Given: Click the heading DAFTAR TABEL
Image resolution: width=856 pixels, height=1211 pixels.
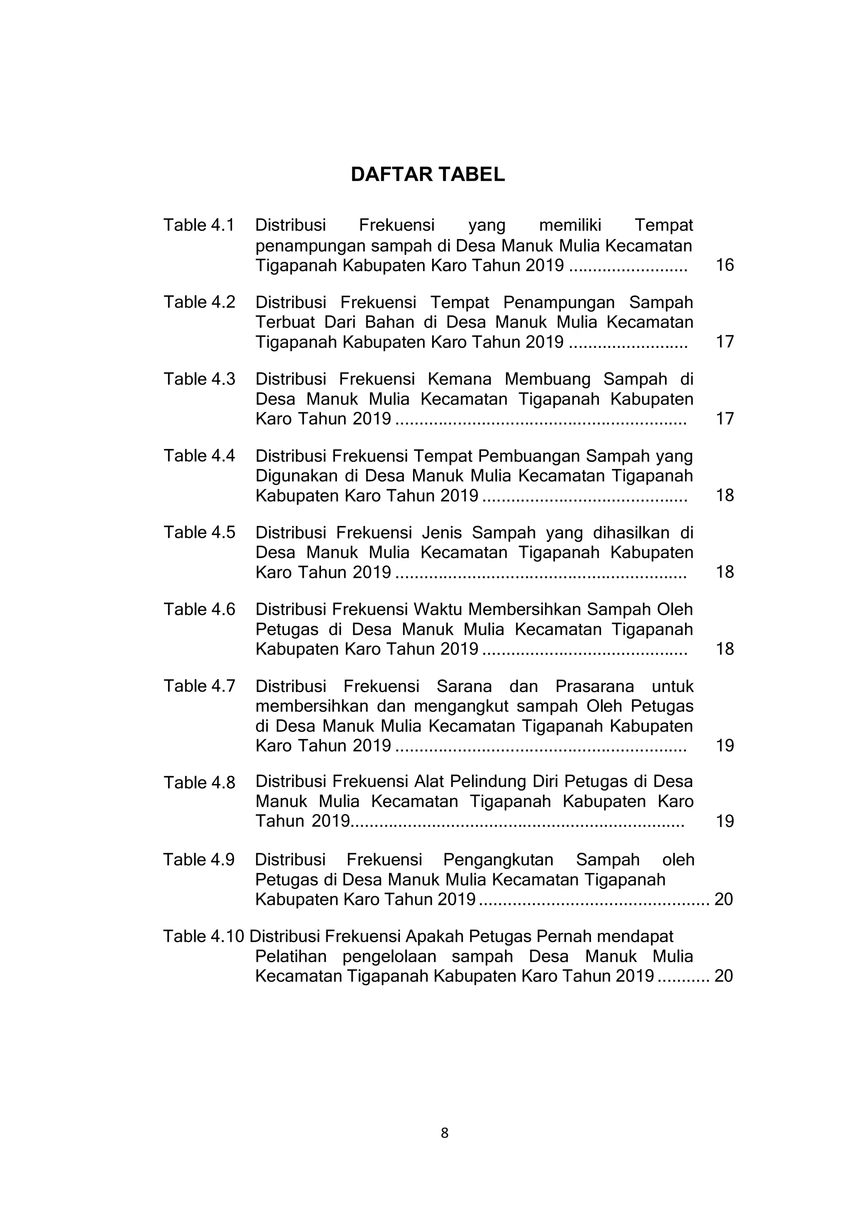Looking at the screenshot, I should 428,174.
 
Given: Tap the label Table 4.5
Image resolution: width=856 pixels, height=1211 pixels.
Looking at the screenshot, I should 199,532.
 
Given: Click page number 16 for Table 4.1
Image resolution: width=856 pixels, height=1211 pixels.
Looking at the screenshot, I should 724,265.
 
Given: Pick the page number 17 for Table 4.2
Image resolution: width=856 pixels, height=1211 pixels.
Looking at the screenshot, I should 724,342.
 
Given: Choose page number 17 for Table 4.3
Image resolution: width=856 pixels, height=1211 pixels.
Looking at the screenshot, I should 724,419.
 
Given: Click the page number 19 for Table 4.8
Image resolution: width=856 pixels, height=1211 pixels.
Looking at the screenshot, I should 724,821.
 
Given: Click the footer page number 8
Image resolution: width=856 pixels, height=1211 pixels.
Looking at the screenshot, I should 444,1133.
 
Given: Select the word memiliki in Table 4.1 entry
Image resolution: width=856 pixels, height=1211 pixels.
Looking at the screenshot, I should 570,225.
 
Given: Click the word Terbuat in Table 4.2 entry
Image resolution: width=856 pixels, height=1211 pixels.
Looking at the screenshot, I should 285,322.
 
